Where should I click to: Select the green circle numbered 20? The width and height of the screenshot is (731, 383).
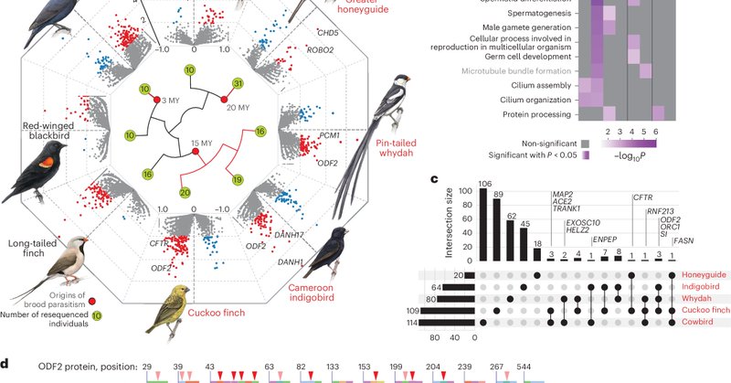(x=185, y=193)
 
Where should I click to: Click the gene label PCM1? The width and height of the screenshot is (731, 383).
(x=330, y=135)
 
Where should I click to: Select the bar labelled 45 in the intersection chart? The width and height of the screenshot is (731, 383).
(x=522, y=248)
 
